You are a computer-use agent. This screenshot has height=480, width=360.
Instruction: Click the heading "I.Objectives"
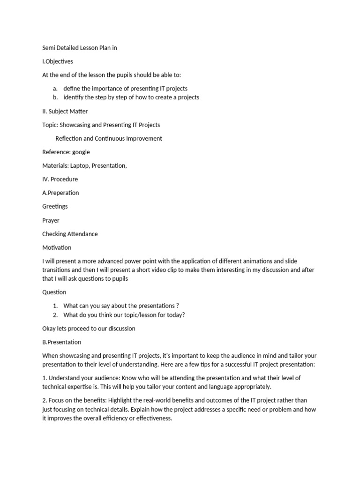coord(58,61)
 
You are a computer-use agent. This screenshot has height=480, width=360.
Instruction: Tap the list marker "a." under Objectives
coord(55,89)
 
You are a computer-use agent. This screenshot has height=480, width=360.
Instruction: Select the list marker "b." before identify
coord(55,97)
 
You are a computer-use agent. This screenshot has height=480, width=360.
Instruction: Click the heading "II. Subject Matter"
coord(65,111)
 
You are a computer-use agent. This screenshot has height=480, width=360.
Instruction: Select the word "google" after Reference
coord(81,152)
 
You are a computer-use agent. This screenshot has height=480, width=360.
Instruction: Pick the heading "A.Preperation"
coord(60,193)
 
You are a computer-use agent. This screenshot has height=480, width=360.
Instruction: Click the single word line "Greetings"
coord(55,206)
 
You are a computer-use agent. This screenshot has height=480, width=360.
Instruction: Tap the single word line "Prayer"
coord(51,220)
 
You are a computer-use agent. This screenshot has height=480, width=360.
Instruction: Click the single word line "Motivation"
coord(57,247)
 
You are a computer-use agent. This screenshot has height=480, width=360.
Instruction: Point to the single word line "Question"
coord(54,292)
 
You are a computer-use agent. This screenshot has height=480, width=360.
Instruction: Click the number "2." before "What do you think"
coord(55,315)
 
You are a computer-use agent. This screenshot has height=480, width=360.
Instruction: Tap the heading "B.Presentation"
coord(61,342)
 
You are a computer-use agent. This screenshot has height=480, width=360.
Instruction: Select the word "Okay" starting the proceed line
coord(49,329)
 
